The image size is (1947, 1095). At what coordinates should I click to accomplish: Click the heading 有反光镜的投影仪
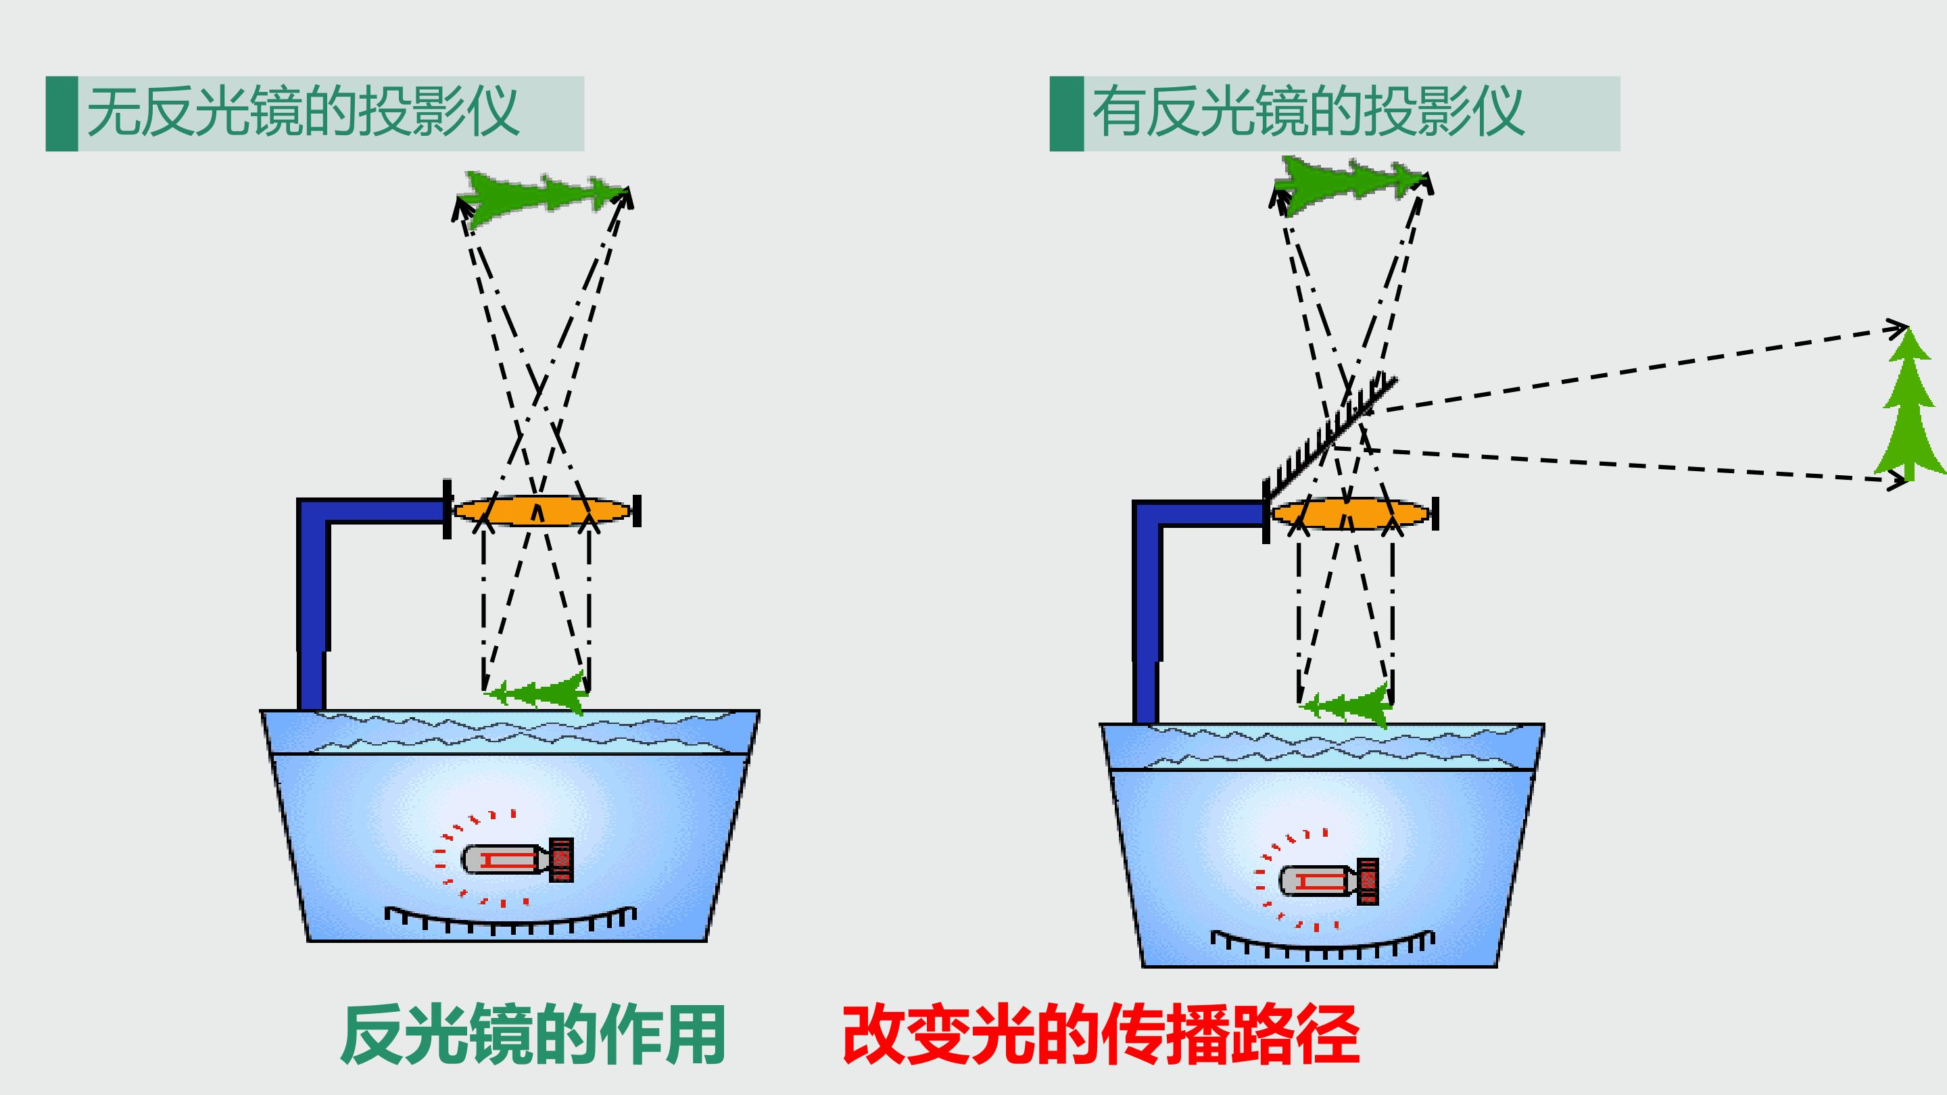[1308, 112]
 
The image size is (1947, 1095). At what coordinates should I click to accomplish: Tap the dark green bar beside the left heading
[62, 114]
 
